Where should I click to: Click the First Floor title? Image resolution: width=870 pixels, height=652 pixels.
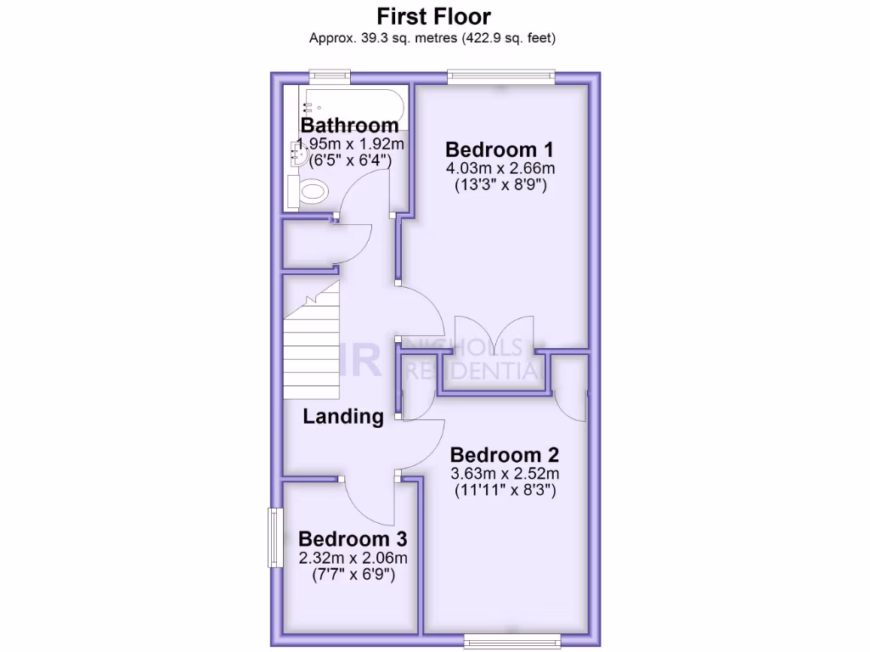434,16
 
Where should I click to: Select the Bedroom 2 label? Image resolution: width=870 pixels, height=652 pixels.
505,454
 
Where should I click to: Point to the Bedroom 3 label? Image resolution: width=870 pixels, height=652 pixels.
353,539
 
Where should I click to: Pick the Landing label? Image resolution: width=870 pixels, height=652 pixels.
343,416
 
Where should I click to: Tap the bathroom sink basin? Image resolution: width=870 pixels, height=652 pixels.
300,153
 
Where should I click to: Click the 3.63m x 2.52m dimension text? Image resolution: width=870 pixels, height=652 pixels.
505,473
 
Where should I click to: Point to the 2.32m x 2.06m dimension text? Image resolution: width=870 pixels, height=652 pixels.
353,558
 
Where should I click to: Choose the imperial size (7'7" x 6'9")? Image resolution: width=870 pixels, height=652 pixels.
353,575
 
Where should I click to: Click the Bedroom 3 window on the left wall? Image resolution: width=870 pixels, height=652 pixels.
274,537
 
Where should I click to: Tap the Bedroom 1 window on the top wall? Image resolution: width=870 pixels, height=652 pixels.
502,77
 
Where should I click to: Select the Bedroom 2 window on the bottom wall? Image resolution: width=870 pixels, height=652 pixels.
512,638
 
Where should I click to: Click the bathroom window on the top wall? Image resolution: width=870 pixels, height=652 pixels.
330,77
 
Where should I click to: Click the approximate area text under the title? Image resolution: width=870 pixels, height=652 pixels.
434,38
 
